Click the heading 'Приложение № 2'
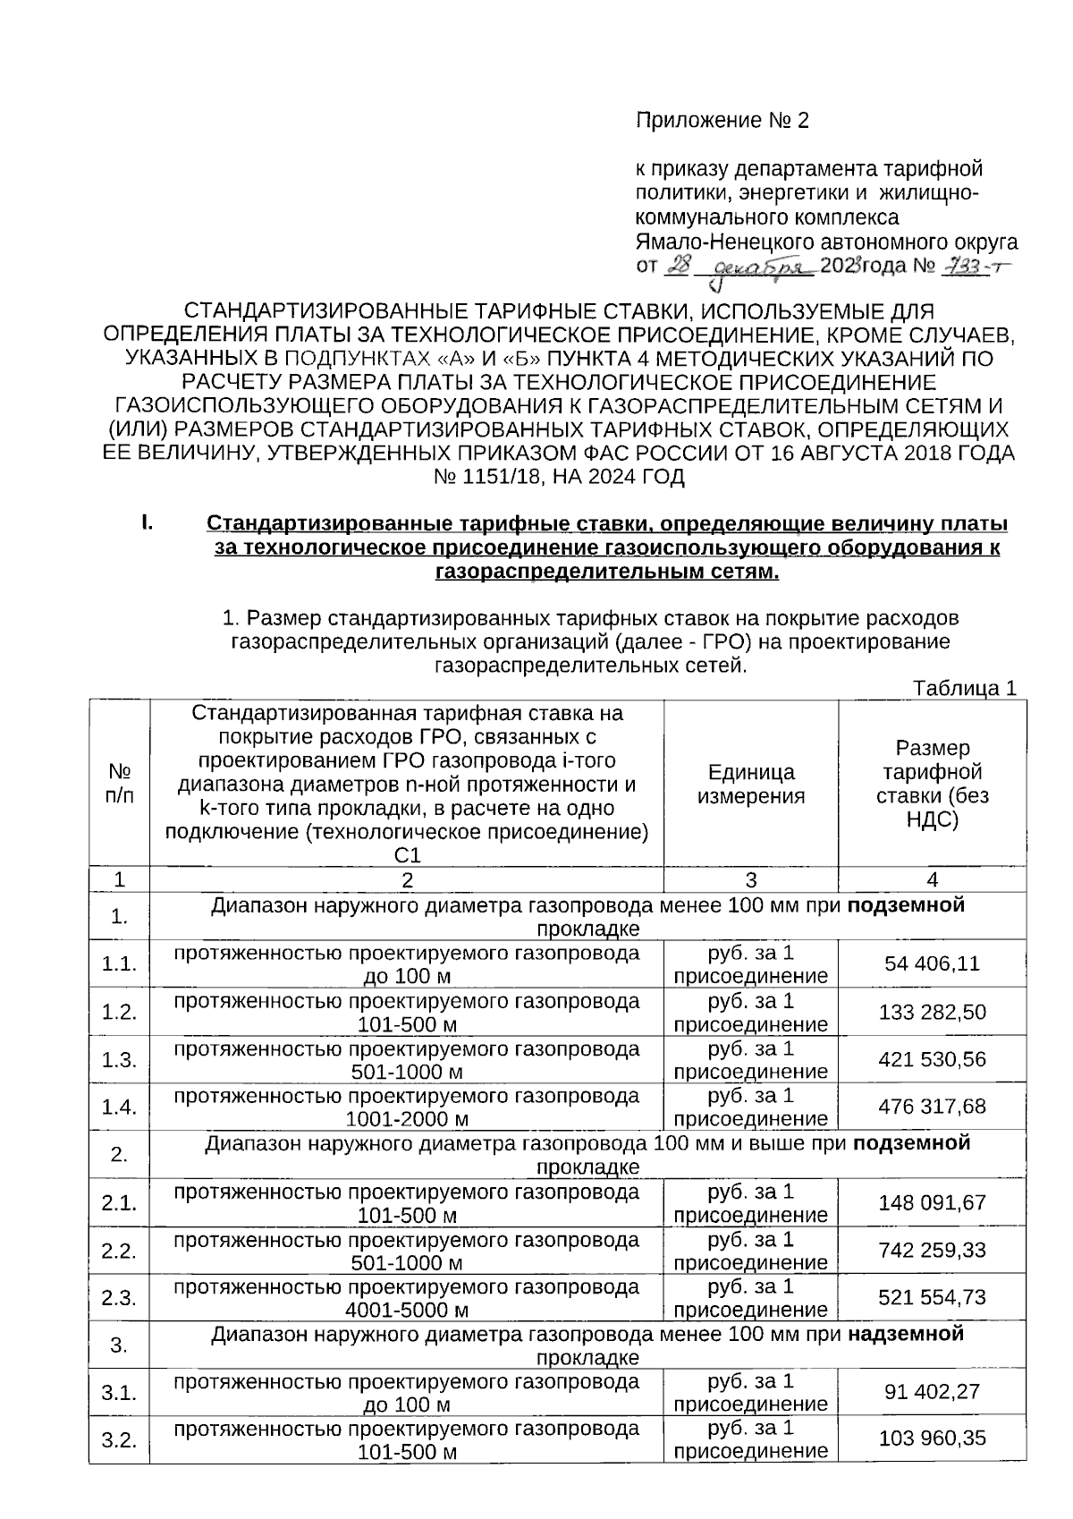tap(722, 121)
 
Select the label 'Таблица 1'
tap(964, 688)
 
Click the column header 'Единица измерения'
tap(750, 784)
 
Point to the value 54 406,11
tap(932, 963)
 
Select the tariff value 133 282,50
tap(932, 1012)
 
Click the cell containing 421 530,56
tap(932, 1059)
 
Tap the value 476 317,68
tap(932, 1107)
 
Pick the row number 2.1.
tap(119, 1203)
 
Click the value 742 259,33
tap(932, 1250)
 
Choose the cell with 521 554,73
tap(932, 1297)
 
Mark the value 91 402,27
tap(932, 1392)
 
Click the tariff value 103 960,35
tap(932, 1438)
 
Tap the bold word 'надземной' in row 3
tap(906, 1335)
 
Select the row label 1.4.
tap(119, 1107)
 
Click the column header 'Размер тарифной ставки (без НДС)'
tap(932, 784)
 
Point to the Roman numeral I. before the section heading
tap(147, 522)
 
